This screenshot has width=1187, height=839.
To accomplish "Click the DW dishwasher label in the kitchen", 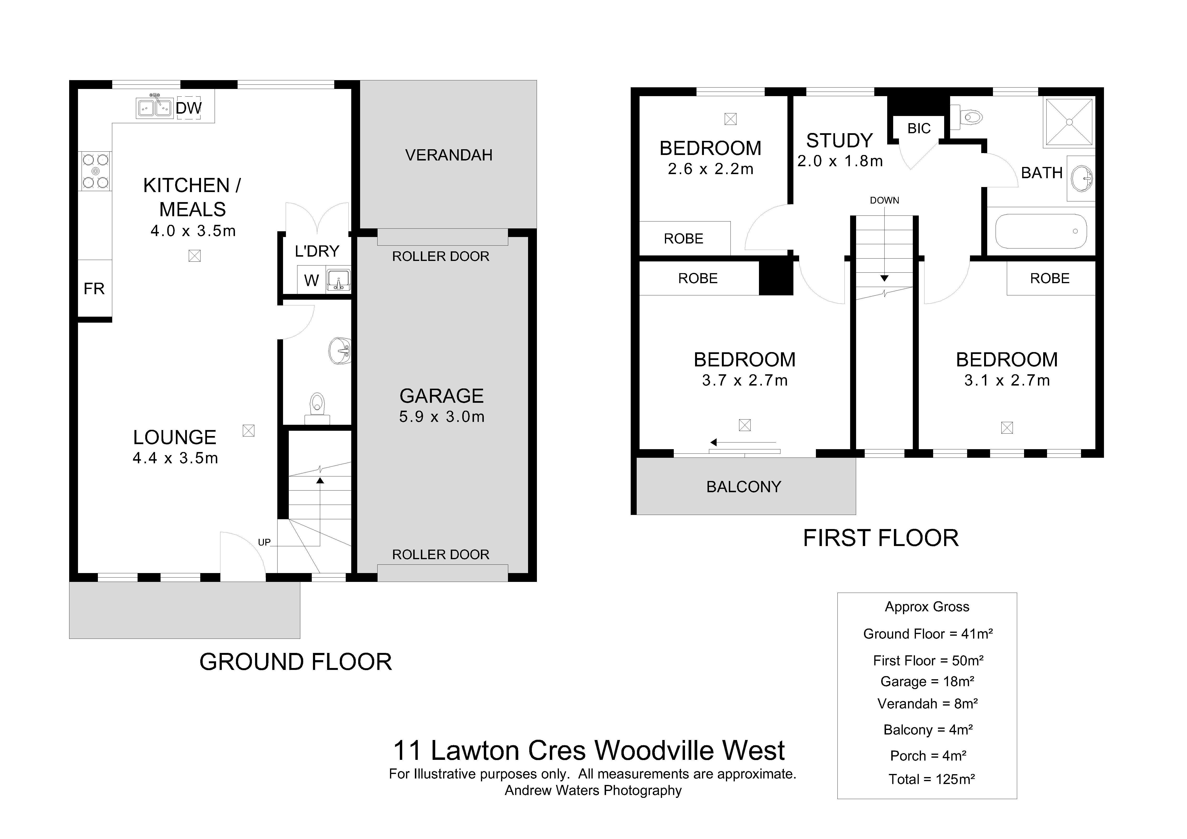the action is point(189,108).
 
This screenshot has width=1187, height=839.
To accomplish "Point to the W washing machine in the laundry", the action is point(311,281).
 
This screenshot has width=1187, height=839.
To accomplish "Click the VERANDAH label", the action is point(449,155).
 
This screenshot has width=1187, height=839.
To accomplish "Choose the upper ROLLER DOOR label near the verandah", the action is point(440,256).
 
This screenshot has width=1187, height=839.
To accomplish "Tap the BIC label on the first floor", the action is point(919,128).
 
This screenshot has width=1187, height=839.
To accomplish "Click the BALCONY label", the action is point(743,487).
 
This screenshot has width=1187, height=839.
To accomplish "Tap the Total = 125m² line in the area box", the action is point(932,779).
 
